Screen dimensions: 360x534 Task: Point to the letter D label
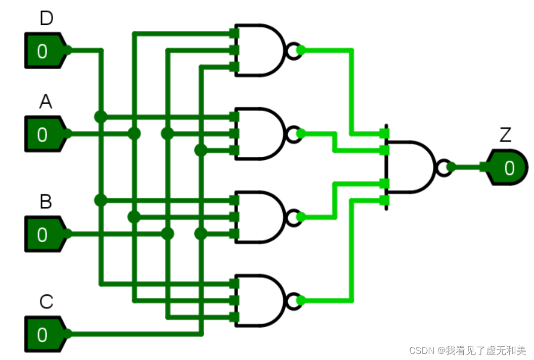coord(46,19)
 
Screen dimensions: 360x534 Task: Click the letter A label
coord(46,103)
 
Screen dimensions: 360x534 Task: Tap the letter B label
coord(46,202)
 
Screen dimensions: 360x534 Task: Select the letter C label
coord(46,302)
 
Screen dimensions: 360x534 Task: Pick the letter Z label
coord(505,136)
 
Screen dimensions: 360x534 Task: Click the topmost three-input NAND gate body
coord(260,50)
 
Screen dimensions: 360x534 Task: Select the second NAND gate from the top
coord(260,133)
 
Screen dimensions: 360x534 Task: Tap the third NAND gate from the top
coord(260,217)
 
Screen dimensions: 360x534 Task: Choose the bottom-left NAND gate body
coord(260,300)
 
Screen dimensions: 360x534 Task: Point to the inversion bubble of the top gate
coord(292,50)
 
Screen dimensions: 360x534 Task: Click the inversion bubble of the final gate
coord(443,167)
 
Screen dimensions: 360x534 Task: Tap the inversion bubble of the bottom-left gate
coord(292,300)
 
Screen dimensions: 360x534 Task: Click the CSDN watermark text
coord(467,350)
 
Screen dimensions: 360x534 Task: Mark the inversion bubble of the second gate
coord(292,133)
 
